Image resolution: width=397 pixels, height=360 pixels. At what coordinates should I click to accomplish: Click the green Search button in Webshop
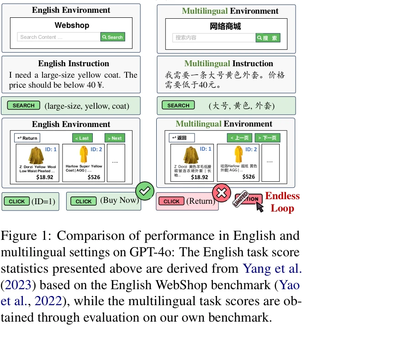pos(113,37)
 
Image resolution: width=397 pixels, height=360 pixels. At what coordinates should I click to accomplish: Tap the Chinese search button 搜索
pos(268,38)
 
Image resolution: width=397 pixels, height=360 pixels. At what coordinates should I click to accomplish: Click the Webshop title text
pos(72,26)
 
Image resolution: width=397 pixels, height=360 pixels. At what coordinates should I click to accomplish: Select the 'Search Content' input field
pos(58,37)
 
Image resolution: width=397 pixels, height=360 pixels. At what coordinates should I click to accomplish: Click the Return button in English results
pos(27,138)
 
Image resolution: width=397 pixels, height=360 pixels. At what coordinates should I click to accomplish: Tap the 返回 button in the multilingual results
pos(181,138)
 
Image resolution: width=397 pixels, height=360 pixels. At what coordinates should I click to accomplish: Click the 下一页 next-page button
pos(267,138)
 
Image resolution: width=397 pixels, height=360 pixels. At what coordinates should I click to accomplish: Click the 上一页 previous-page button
pos(239,138)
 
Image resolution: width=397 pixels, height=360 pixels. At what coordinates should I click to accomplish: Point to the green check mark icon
pos(145,191)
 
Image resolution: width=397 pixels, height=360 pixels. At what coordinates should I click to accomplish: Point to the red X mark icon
pos(221,192)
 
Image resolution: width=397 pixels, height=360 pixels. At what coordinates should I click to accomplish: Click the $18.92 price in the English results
pos(45,177)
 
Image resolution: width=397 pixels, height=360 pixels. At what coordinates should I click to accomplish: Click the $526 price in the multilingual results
pos(249,177)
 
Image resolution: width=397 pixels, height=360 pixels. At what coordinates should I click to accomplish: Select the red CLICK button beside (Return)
pos(171,201)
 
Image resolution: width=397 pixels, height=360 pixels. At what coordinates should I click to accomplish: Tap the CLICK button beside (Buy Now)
pos(83,201)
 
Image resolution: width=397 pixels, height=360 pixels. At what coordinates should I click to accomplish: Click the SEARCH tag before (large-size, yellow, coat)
pos(23,106)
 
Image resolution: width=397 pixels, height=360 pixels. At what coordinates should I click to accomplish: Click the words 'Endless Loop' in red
pos(282,202)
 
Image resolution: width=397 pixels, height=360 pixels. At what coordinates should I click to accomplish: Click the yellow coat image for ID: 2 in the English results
pos(83,155)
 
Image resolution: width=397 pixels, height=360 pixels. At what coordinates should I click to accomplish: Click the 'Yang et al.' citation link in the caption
pos(272,268)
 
